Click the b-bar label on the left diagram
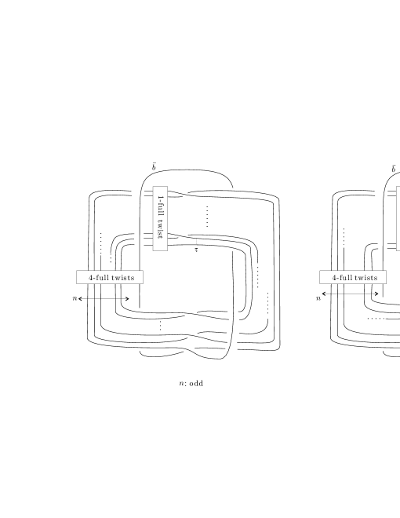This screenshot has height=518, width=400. pyautogui.click(x=154, y=167)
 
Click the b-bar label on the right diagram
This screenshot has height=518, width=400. pyautogui.click(x=394, y=169)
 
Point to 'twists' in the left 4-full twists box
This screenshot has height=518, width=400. pyautogui.click(x=123, y=278)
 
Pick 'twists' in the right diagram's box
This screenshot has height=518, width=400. pyautogui.click(x=366, y=278)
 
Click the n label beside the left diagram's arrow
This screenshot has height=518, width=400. pyautogui.click(x=75, y=298)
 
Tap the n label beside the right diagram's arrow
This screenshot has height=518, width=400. pyautogui.click(x=318, y=298)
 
